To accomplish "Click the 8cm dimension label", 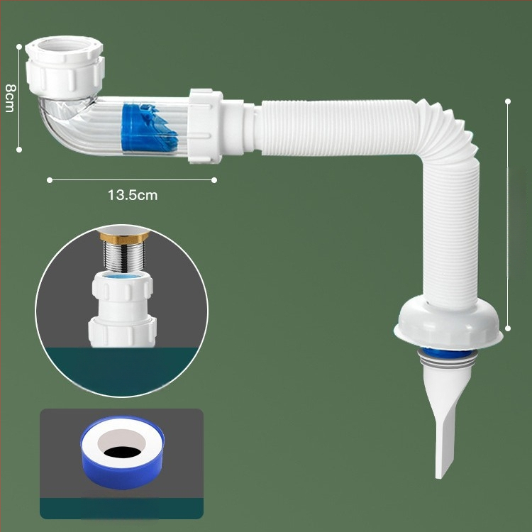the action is [x=10, y=98].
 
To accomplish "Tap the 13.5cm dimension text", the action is [x=133, y=195].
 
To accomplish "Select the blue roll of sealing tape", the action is [x=122, y=453].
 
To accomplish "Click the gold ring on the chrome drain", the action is [x=125, y=238].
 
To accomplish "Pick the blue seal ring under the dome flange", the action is [x=448, y=353].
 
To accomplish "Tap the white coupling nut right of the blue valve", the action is [x=205, y=126].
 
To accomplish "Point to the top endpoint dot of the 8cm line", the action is [x=19, y=47].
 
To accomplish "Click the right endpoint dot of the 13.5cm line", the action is [x=214, y=180].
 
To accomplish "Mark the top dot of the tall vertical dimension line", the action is [x=508, y=101].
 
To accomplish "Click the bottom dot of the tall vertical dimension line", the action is [x=508, y=328].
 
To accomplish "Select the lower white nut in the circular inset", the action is [x=123, y=332].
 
